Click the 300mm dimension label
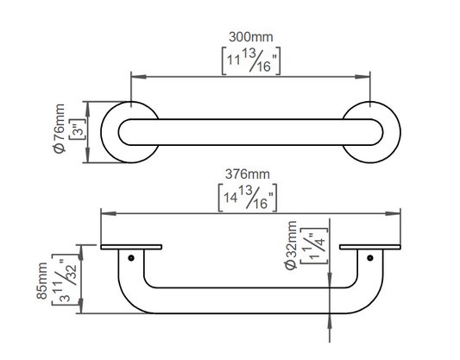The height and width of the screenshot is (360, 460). tap(251, 37)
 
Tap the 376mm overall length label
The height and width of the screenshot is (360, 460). tap(248, 174)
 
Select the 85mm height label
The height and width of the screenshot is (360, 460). tap(41, 281)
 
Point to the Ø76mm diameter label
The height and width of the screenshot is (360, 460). tap(59, 129)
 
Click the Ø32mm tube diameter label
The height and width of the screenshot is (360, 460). tap(291, 245)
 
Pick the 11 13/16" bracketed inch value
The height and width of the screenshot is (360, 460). tap(251, 60)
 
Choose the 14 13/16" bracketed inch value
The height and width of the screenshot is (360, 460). tap(248, 198)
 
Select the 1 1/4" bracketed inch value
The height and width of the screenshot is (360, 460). tap(314, 245)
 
